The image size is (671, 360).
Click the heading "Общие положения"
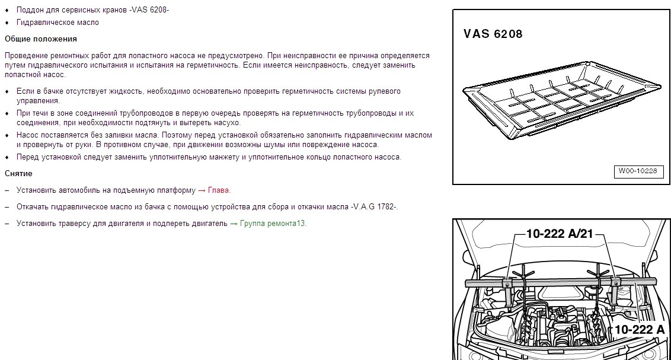(x=41, y=39)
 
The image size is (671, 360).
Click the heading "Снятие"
(x=18, y=173)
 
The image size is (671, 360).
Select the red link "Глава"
(x=218, y=190)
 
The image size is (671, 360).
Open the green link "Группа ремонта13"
(x=273, y=224)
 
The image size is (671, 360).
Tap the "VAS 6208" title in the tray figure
(x=493, y=34)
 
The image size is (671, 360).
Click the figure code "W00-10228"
(x=638, y=171)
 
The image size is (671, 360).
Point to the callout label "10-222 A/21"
(x=560, y=234)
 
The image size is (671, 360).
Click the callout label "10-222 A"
(x=640, y=330)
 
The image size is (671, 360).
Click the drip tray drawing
(x=562, y=101)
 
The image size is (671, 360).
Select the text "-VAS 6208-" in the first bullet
(x=149, y=10)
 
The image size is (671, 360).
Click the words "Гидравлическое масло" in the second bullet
(x=57, y=23)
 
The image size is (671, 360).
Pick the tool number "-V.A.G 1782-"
(x=374, y=207)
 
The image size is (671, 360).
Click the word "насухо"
(x=225, y=123)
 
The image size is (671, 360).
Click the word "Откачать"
(x=33, y=207)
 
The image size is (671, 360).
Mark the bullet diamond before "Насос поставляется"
(x=7, y=135)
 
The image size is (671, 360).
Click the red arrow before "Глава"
(x=202, y=190)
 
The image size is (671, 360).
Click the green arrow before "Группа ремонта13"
(x=234, y=224)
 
